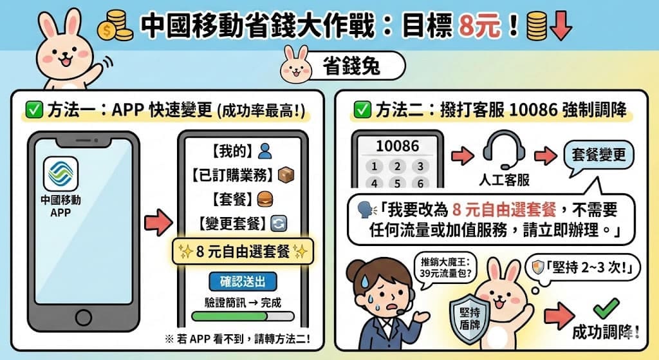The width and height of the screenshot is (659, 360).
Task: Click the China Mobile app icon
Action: point(60,174)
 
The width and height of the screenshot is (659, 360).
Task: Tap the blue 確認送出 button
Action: point(243,281)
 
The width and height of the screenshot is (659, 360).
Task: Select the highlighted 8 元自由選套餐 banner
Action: point(243,252)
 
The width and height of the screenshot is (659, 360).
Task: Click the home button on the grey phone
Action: point(83,317)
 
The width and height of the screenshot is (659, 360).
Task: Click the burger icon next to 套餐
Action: point(265,199)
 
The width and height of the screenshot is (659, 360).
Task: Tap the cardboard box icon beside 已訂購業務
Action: point(286,175)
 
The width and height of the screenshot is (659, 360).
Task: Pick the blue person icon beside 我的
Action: point(265,151)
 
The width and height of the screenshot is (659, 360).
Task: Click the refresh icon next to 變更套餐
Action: point(279,223)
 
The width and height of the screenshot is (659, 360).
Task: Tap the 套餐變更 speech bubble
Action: point(599,156)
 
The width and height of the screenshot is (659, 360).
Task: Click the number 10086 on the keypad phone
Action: point(397,146)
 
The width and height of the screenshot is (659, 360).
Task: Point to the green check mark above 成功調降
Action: point(606,308)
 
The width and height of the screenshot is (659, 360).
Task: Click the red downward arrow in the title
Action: point(561,26)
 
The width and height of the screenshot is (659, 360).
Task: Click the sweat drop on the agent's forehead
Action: point(364,279)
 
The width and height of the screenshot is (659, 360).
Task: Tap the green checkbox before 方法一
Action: point(34,110)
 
